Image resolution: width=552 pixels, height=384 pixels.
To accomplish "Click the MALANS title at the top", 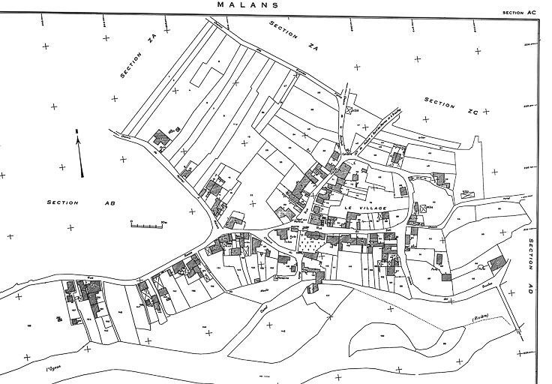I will (247, 4).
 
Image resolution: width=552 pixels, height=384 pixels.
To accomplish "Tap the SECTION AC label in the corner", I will (519, 13).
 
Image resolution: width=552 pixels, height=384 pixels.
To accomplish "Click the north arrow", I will (79, 154).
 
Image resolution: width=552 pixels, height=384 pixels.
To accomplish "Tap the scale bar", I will (147, 223).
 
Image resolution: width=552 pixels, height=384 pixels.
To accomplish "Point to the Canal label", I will (264, 306).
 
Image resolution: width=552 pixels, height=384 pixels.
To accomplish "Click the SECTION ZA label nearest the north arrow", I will (136, 58).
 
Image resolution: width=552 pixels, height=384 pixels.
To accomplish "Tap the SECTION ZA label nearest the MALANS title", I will (284, 31).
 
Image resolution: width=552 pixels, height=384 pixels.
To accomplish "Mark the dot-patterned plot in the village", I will (312, 244).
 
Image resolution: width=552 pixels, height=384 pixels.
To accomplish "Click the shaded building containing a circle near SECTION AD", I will (495, 263).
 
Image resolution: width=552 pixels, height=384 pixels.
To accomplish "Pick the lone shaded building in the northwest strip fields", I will (160, 139).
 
